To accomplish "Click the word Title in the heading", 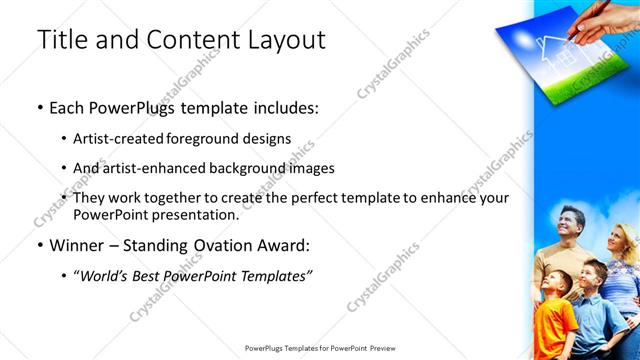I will [60, 40].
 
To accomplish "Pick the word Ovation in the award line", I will [222, 245].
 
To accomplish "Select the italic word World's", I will [107, 275].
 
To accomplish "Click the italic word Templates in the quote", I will [277, 275].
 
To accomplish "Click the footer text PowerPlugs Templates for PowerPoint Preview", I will [320, 349].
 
